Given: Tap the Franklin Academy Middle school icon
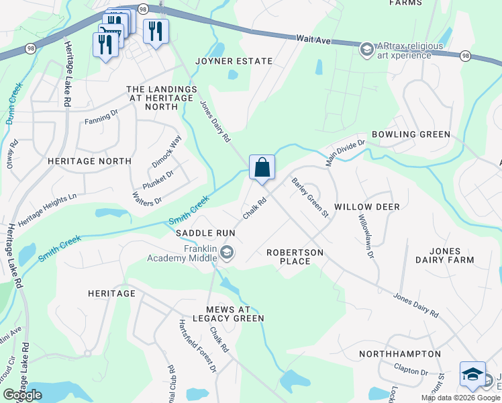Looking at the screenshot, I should pyautogui.click(x=227, y=253).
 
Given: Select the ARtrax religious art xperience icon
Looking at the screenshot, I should pyautogui.click(x=366, y=49).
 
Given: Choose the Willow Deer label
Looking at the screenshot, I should pyautogui.click(x=367, y=207).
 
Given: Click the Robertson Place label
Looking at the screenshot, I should pyautogui.click(x=295, y=257).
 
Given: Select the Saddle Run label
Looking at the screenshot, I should pyautogui.click(x=205, y=233).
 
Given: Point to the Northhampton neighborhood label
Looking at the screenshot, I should pyautogui.click(x=400, y=354).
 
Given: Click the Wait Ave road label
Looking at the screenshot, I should pyautogui.click(x=314, y=41).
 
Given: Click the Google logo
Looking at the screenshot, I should pyautogui.click(x=22, y=395).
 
